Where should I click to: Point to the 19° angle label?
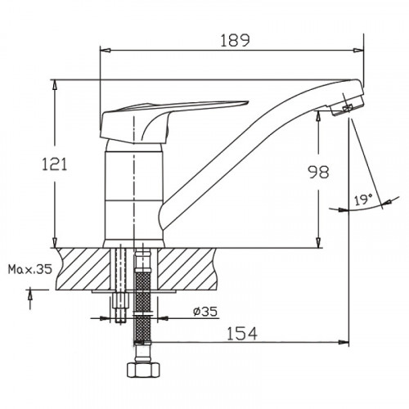[x=363, y=199]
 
